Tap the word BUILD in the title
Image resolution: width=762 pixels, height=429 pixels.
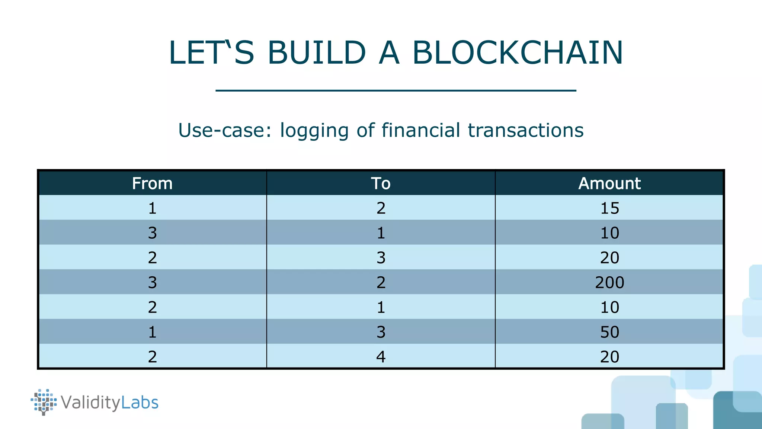(317, 53)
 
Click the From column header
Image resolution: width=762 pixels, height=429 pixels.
(152, 183)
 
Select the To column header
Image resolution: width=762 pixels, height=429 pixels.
(381, 183)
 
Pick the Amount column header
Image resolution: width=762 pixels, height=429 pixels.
(609, 183)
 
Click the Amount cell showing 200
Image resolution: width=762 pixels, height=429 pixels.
(609, 282)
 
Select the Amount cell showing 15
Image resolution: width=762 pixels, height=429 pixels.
(609, 208)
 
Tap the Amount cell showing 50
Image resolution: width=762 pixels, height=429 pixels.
(609, 332)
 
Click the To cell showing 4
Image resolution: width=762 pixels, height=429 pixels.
(381, 356)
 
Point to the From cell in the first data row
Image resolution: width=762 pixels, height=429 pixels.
(152, 208)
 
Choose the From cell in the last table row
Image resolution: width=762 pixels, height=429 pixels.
(152, 356)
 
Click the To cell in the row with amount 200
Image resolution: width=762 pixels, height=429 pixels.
(381, 282)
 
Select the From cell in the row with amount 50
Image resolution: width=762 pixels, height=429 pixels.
(152, 332)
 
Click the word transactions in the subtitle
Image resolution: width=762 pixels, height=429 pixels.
(525, 130)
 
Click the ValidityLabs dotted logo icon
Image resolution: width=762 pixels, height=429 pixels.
(44, 402)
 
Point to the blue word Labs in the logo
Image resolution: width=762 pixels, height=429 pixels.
(140, 403)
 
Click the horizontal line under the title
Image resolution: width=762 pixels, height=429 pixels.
(396, 90)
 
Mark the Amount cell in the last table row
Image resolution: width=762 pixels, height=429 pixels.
(609, 356)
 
